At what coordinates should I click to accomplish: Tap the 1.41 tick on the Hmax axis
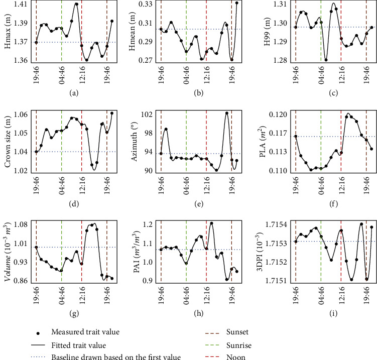click(20, 5)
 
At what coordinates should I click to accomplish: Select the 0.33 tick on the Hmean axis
click(145, 5)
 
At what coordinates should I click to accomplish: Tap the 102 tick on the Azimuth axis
click(146, 114)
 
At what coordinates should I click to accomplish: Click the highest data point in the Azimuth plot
click(226, 113)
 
